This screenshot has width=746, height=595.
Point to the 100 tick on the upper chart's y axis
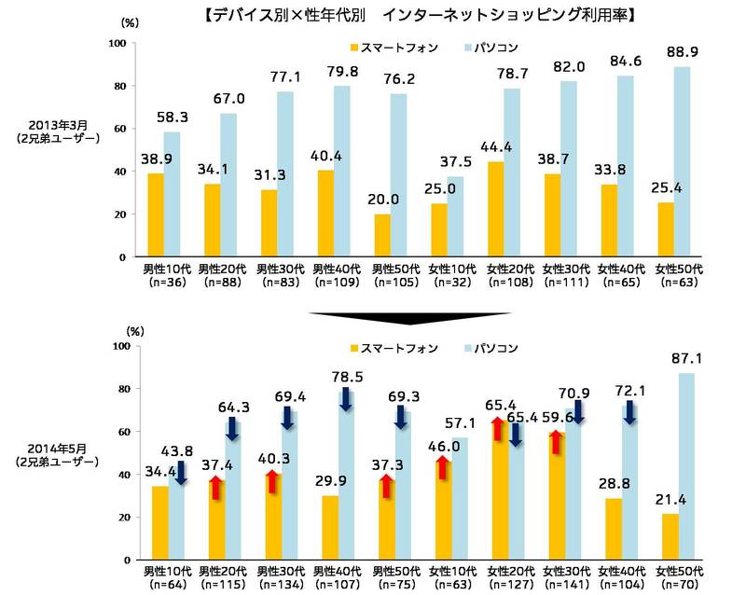(x=117, y=43)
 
